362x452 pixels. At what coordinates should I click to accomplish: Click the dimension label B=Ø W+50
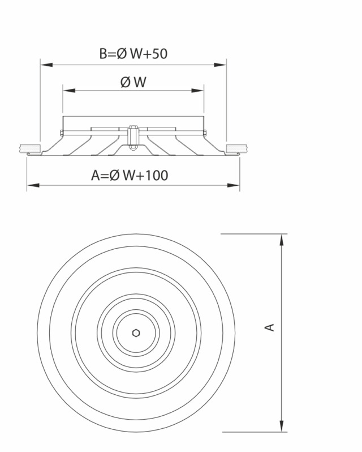(x=133, y=54)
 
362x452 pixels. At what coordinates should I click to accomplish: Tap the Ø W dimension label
(x=133, y=82)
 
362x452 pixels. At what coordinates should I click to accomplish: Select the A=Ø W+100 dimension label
(x=130, y=175)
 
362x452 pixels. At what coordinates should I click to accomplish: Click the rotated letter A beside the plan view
(x=269, y=327)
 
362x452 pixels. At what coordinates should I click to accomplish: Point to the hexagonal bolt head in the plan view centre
(x=136, y=333)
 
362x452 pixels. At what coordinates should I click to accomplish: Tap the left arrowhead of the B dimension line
(x=46, y=65)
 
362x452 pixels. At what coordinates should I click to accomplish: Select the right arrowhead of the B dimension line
(x=220, y=65)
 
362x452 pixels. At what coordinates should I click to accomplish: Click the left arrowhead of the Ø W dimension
(x=69, y=91)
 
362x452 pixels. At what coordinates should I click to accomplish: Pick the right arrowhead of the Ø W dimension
(x=197, y=91)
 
